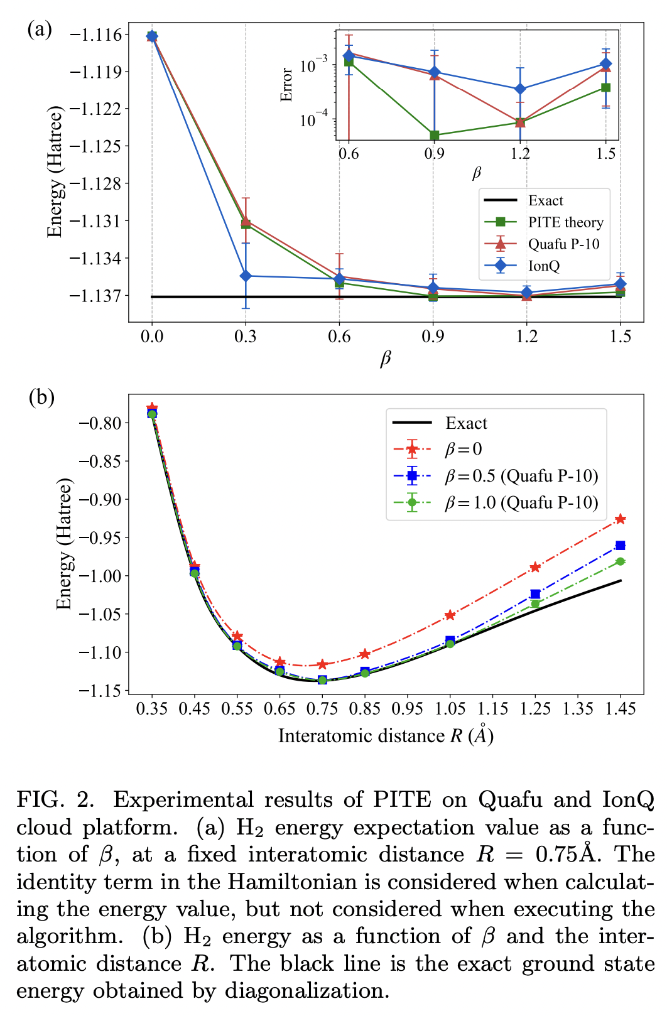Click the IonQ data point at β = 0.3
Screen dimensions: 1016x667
point(246,276)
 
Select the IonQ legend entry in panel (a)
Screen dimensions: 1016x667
point(544,266)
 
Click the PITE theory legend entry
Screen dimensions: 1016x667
point(565,222)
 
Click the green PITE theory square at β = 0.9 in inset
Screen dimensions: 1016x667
point(434,135)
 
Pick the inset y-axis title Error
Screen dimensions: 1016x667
point(287,85)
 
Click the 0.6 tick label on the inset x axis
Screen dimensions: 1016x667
point(349,154)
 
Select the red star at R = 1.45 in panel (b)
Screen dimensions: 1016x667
point(621,519)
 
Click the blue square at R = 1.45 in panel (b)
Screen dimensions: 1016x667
point(621,545)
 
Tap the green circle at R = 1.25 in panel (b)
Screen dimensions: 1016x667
point(535,603)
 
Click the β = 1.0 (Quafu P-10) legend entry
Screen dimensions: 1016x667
point(521,503)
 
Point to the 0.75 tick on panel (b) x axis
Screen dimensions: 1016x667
point(322,709)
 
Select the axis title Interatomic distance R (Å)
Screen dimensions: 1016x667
point(386,735)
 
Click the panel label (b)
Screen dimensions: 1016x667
point(41,397)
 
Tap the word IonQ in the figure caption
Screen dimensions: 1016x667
point(628,800)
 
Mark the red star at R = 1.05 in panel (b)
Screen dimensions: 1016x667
point(450,615)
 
